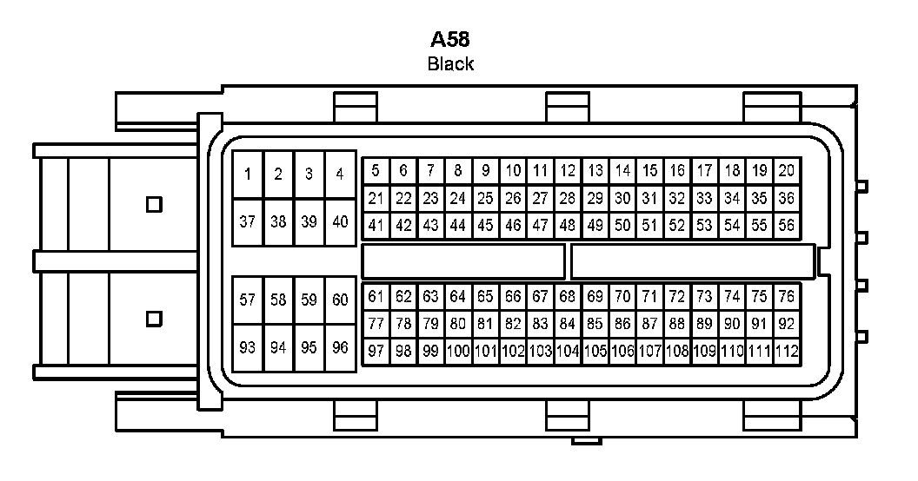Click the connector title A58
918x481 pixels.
pos(451,40)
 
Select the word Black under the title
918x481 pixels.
pos(450,63)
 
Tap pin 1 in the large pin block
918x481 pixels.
pos(248,174)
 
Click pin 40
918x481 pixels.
pos(340,221)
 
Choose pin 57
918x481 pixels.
pos(248,300)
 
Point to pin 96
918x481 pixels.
pos(340,347)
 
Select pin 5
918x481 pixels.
pos(376,170)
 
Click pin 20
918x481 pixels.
pos(786,170)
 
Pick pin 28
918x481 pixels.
pos(568,198)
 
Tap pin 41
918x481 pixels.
pos(376,226)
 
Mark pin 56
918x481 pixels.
pos(786,226)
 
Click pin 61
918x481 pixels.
pos(376,297)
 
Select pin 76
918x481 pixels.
pos(786,297)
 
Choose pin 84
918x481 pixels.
pos(568,325)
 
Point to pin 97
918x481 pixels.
pos(376,352)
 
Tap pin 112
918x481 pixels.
pos(786,352)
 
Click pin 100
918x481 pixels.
pos(458,352)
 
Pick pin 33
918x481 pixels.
pos(704,198)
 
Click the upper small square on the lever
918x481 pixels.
pos(154,204)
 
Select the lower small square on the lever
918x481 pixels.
pos(154,319)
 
